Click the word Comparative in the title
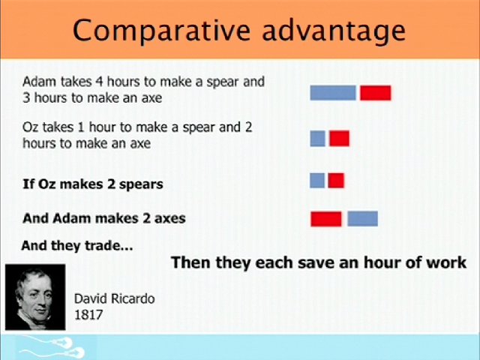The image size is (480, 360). (x=162, y=31)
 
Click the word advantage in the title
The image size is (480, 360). (x=334, y=31)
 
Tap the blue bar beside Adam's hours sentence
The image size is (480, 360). (x=333, y=93)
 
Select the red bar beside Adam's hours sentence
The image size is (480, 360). (x=376, y=93)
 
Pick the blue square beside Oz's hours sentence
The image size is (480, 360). (x=317, y=138)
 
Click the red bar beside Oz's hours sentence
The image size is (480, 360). (x=339, y=138)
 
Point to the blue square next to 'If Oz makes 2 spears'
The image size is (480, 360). (x=317, y=180)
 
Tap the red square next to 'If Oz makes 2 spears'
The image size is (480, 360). (x=336, y=180)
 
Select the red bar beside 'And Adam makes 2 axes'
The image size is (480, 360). (x=326, y=219)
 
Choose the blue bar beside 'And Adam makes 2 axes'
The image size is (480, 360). (x=363, y=219)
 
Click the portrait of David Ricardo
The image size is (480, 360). (x=35, y=297)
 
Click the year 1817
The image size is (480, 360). (x=88, y=315)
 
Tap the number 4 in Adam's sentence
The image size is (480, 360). (x=99, y=82)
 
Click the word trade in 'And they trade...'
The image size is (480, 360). (x=103, y=245)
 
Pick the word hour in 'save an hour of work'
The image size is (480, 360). (x=382, y=262)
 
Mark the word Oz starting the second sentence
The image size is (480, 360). (x=30, y=127)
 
